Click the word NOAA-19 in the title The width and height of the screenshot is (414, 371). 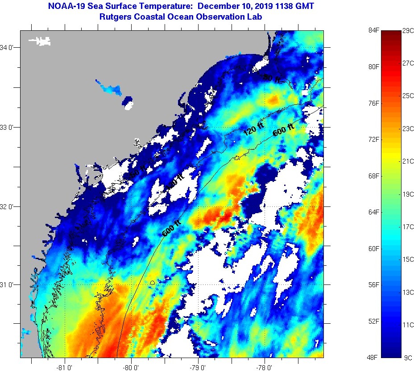(x=64, y=7)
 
